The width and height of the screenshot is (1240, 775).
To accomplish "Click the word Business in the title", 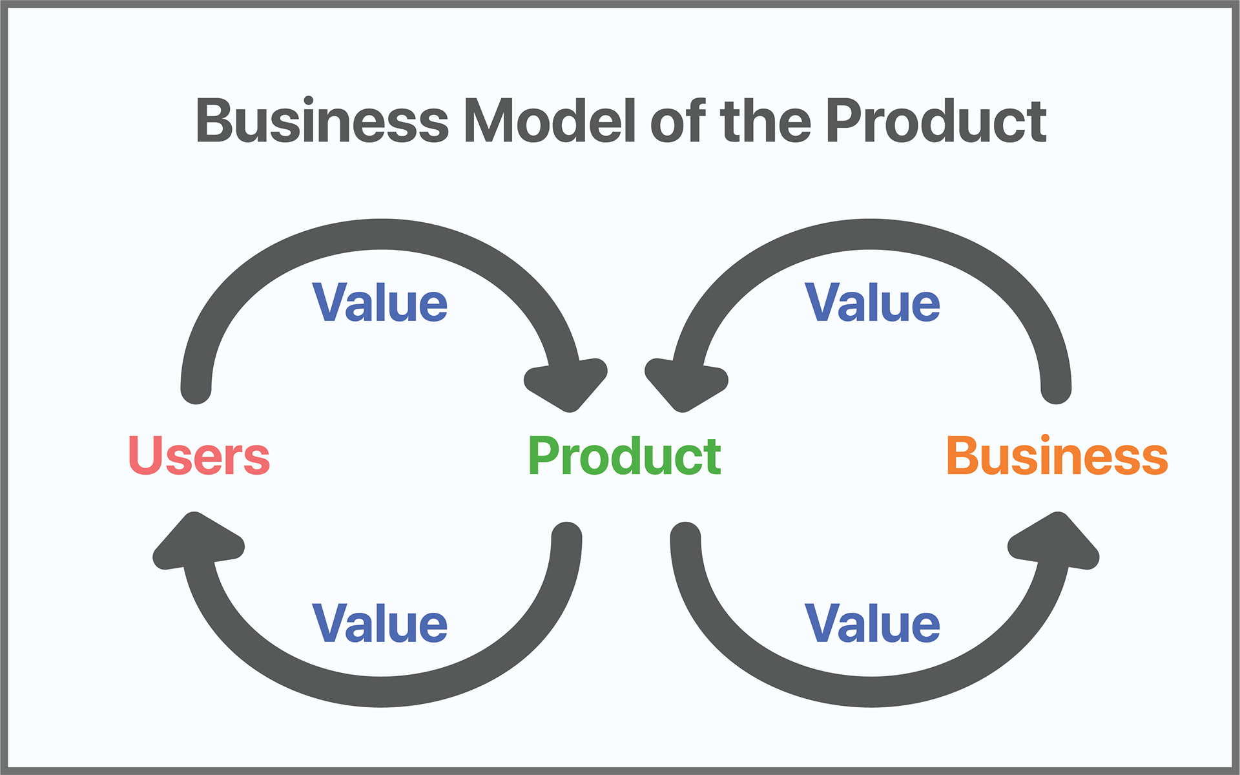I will click(322, 121).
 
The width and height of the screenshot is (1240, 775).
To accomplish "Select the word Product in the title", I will click(936, 121).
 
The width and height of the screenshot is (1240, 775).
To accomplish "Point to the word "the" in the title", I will click(765, 121).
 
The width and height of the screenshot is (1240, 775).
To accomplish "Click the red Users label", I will click(199, 455).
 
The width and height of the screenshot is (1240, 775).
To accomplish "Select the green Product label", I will click(625, 455).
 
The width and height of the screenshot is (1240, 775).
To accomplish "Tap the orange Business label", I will click(1057, 455).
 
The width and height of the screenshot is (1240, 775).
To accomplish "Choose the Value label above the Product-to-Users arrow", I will click(380, 623).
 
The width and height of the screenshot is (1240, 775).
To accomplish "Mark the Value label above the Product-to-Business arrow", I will click(873, 623).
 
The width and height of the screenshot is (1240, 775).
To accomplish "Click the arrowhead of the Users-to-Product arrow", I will click(568, 384).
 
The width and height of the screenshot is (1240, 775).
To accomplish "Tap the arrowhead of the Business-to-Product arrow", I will click(684, 384).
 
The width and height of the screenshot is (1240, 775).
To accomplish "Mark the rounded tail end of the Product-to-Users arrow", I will click(567, 536).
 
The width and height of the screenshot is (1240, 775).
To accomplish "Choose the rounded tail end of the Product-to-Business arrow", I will click(685, 536).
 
